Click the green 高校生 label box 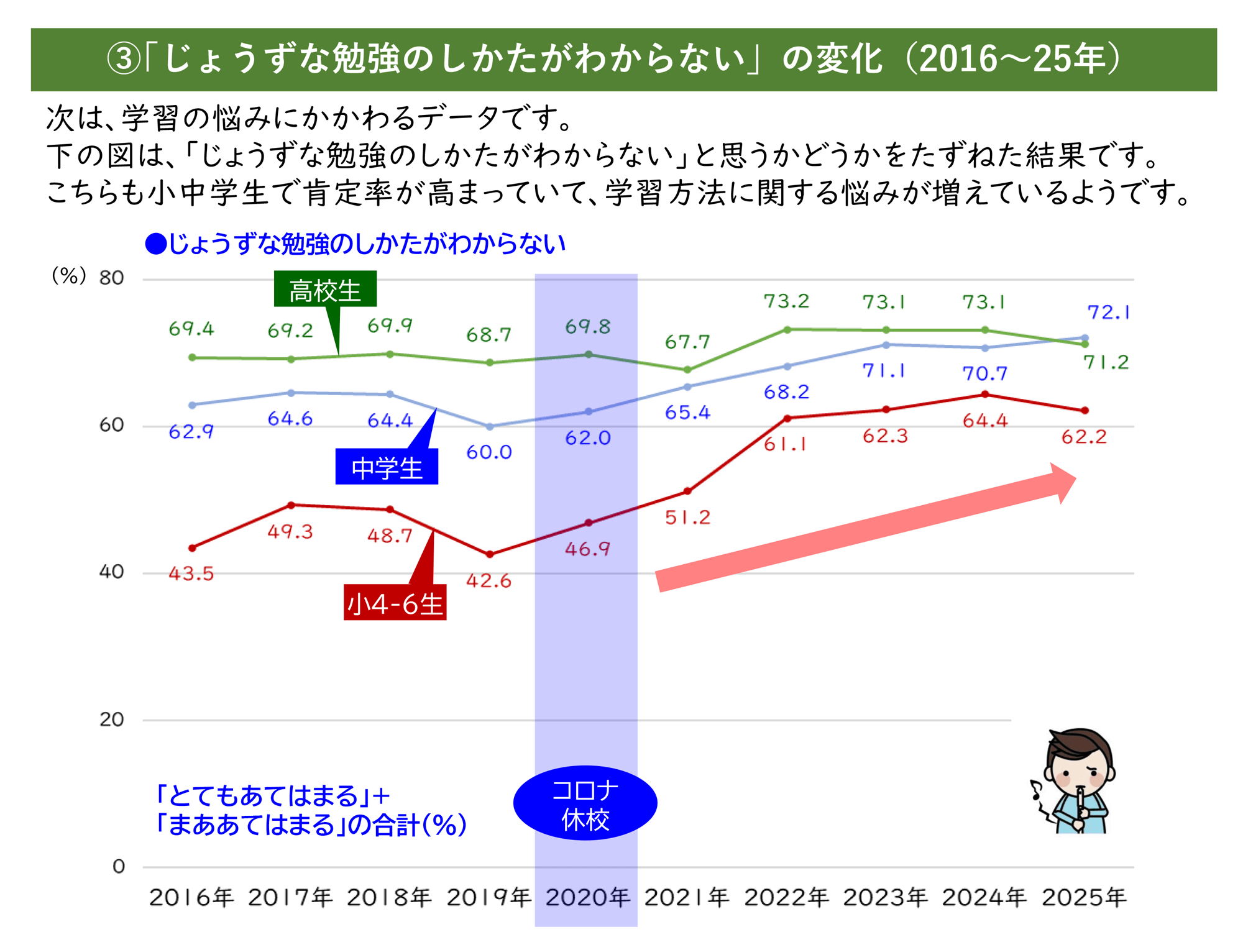tap(325, 290)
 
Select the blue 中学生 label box tap(387, 467)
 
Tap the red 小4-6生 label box tap(395, 603)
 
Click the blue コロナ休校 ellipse tap(585, 803)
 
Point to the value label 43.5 tap(191, 573)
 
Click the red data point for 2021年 tap(687, 491)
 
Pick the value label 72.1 tap(1108, 312)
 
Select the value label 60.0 tap(489, 452)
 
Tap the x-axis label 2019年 tap(489, 897)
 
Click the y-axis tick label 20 tap(111, 720)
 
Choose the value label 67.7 tap(687, 342)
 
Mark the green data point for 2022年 tap(787, 330)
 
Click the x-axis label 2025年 tap(1084, 897)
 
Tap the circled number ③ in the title tap(124, 60)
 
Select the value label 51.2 tap(687, 518)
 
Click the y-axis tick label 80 tap(111, 278)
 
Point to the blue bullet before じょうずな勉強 tap(155, 244)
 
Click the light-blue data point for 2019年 tap(490, 427)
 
